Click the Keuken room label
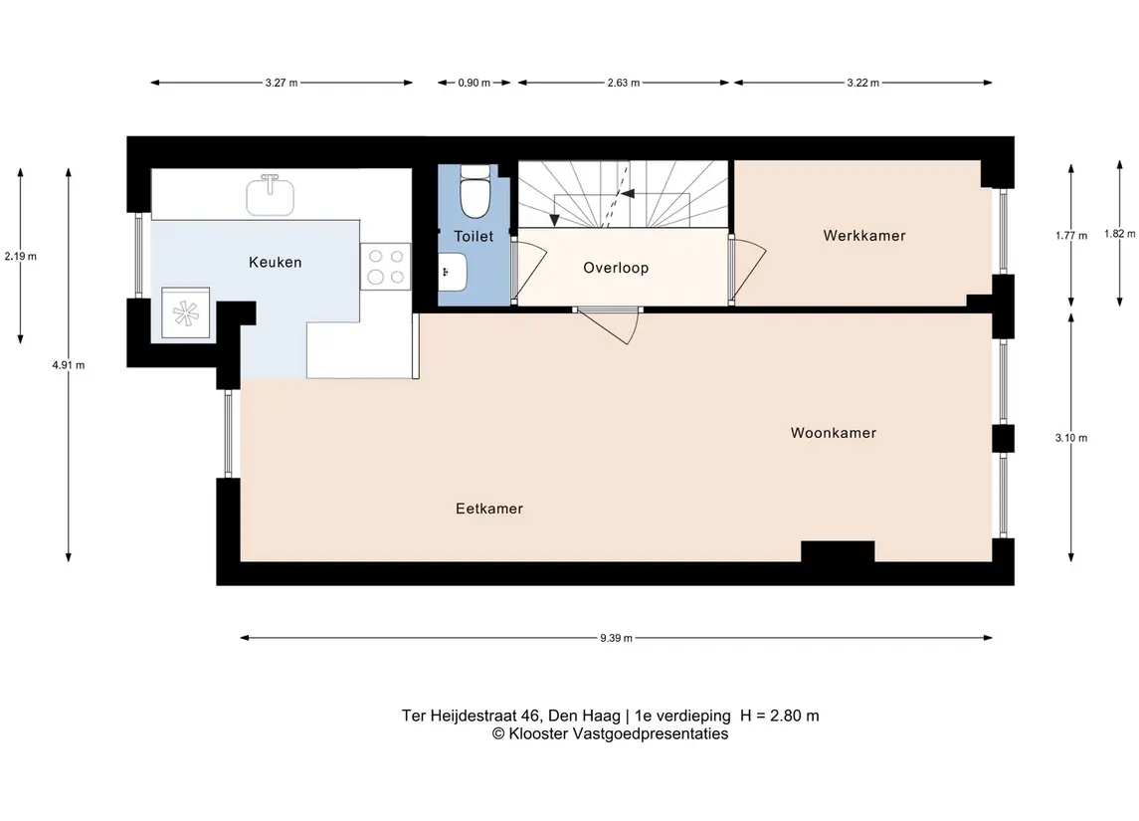tap(275, 263)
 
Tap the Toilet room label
tap(474, 236)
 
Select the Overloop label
tap(616, 268)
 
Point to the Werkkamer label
tap(864, 236)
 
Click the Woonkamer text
tap(834, 433)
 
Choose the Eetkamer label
tap(488, 509)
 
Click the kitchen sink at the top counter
tap(271, 195)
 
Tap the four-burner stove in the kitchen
tap(386, 266)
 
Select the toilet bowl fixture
tap(475, 192)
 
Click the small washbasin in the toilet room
tap(452, 272)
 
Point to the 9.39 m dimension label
tap(616, 639)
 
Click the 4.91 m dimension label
tap(69, 365)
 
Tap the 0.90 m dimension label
tap(474, 83)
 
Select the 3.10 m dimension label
tap(1071, 438)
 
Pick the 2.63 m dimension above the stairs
tap(624, 83)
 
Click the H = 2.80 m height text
tap(780, 716)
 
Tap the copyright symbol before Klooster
tap(498, 733)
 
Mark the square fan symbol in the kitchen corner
tap(185, 313)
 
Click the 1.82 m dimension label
tap(1120, 234)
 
